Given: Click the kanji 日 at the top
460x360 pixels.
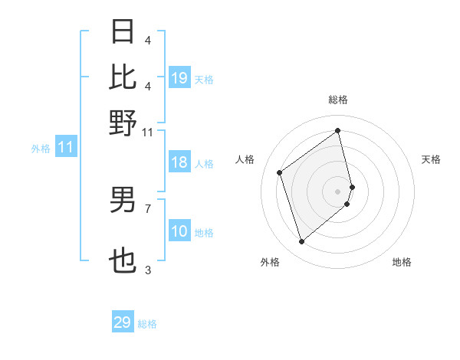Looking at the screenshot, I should tap(123, 33).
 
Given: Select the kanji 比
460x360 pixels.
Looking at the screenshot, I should tap(123, 77).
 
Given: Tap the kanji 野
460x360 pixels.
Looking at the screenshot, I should tap(123, 123).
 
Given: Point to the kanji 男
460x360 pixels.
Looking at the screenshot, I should tap(123, 200).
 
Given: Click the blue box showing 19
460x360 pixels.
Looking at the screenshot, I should tap(179, 78).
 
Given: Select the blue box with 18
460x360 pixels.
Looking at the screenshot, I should tap(179, 162).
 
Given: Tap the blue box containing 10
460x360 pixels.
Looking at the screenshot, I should tap(179, 231).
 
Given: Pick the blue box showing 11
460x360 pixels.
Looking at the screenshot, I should tap(65, 148).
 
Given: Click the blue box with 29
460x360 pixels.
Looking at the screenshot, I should tap(123, 322).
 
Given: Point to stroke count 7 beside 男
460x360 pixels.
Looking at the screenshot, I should tap(148, 208).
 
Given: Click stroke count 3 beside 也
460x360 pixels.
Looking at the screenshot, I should tap(148, 270).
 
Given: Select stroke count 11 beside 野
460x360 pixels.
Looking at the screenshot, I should tap(148, 132).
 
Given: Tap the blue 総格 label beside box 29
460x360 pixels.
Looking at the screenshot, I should tap(147, 324).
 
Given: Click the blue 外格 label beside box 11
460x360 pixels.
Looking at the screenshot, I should tap(40, 149).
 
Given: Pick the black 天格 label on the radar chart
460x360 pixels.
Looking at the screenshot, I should tap(432, 159).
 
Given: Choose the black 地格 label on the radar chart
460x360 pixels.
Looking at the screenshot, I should tap(402, 262).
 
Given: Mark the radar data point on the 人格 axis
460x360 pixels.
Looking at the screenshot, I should tap(280, 172).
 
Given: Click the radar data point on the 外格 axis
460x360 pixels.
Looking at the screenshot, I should tap(301, 242).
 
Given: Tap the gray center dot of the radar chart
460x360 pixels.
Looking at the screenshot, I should tap(338, 191).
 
